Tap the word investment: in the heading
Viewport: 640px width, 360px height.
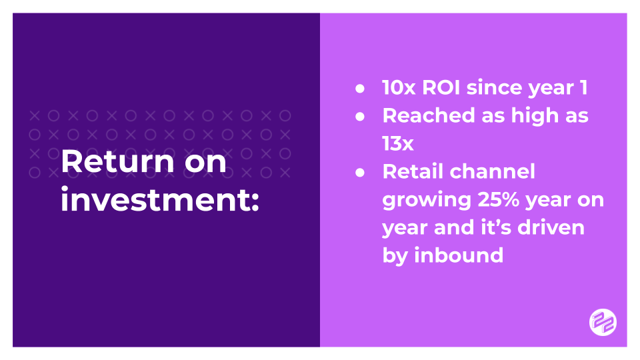pos(159,200)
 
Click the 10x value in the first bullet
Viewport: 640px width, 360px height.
pos(399,87)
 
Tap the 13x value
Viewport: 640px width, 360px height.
pos(399,143)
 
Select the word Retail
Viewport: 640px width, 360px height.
pos(412,171)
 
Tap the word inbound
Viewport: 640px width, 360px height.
pos(459,255)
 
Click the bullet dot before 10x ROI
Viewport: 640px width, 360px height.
pos(361,88)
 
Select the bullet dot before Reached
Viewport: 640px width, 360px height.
pos(361,116)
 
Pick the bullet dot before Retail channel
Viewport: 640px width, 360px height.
pos(361,172)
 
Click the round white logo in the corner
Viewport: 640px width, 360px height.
pos(603,323)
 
